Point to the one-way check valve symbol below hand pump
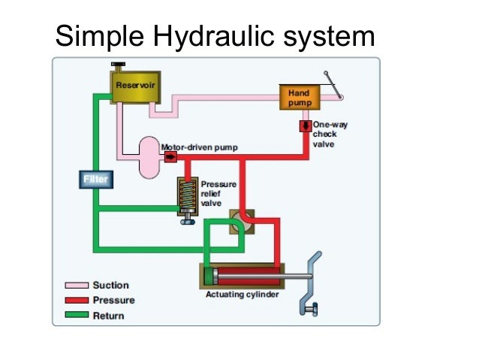(x=306, y=126)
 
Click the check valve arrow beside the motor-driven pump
(x=170, y=157)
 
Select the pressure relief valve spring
(x=188, y=197)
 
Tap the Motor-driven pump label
(x=200, y=147)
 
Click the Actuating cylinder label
(x=242, y=294)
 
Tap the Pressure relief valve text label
(x=218, y=192)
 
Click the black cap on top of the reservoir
(x=119, y=66)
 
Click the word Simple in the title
(x=101, y=35)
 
